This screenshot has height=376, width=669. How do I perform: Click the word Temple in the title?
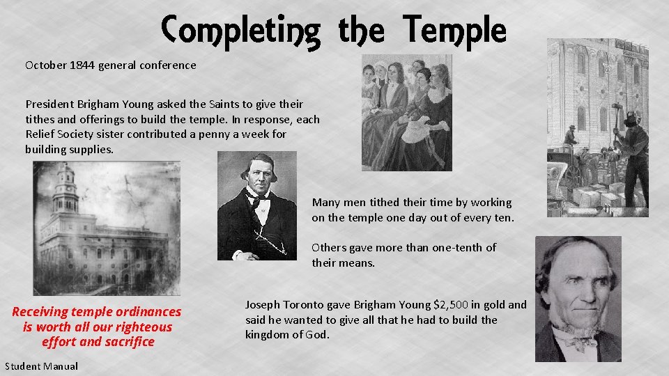pos(454,29)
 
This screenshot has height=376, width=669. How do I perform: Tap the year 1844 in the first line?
pos(82,65)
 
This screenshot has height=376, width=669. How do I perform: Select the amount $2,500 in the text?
pos(451,304)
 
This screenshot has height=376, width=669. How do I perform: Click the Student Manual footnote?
pos(41,366)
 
